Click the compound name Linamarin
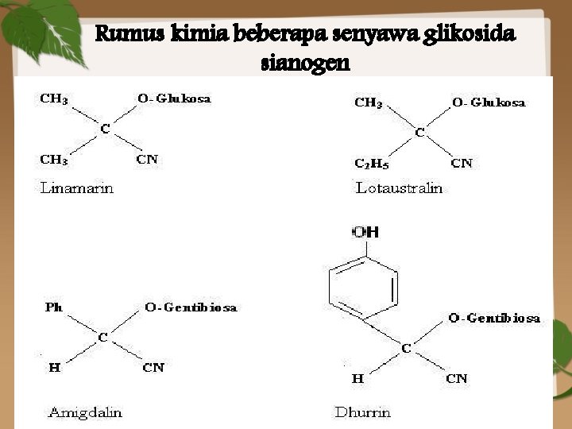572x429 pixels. (x=77, y=188)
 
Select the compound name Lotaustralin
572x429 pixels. (x=399, y=188)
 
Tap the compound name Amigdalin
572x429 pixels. (x=85, y=412)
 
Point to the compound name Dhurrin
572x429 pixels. (x=362, y=412)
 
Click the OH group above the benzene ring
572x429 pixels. (x=365, y=232)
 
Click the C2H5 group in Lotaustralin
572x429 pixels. (x=370, y=164)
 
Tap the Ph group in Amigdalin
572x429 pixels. (x=53, y=307)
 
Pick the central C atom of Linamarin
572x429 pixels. (x=104, y=129)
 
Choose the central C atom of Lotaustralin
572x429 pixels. (x=420, y=133)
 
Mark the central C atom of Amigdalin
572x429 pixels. (x=102, y=338)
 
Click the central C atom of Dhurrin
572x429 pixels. (x=406, y=348)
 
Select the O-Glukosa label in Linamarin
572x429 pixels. (x=174, y=99)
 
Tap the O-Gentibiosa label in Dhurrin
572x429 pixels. (x=494, y=318)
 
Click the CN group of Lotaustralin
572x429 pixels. (x=462, y=164)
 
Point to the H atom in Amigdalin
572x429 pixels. (x=54, y=367)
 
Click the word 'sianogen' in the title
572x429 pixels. (x=305, y=63)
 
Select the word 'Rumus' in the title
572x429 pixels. (x=121, y=35)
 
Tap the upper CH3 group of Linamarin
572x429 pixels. (x=54, y=99)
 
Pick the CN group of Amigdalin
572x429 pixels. (x=153, y=367)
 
